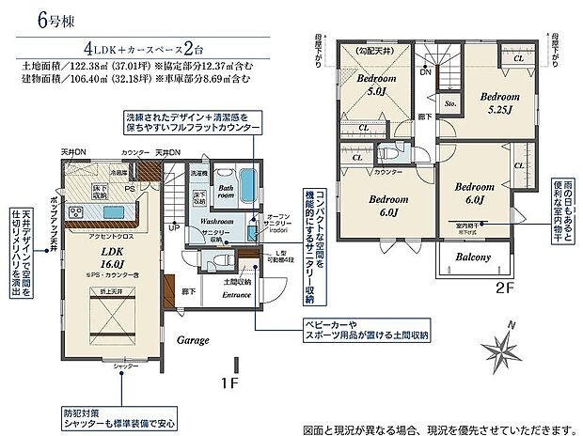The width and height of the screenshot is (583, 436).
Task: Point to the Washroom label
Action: point(217,222)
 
